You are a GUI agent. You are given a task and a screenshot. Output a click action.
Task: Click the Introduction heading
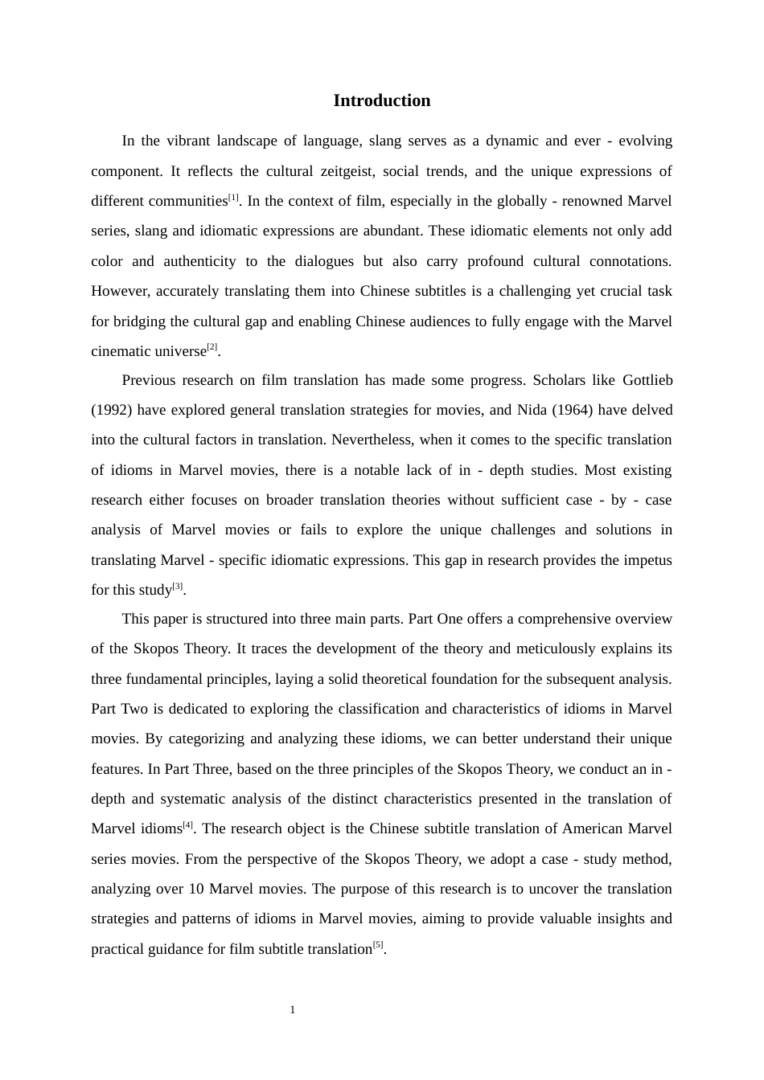click(x=381, y=100)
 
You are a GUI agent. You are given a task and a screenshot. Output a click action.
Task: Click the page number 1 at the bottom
click(x=293, y=1010)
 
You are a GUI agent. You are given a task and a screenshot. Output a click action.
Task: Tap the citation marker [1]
click(x=233, y=198)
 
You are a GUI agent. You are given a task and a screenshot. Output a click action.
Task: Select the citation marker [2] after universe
click(x=212, y=348)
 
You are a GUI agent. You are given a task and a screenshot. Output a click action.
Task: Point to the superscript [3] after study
click(x=178, y=587)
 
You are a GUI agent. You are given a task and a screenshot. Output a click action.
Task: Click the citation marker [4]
click(x=188, y=825)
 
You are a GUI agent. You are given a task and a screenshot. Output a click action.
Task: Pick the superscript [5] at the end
click(x=378, y=945)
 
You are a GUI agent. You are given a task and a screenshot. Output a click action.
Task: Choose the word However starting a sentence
click(x=120, y=291)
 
